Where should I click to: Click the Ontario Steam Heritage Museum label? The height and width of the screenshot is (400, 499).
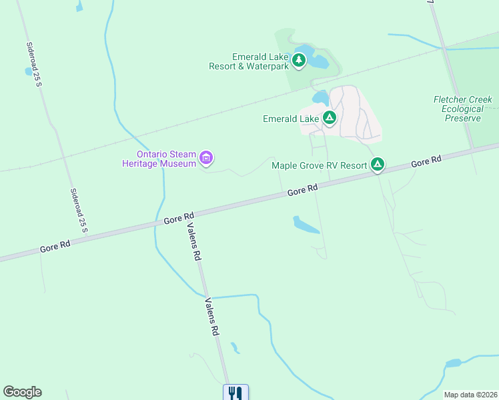pyautogui.click(x=158, y=159)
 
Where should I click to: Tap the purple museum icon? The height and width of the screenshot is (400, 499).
pyautogui.click(x=206, y=159)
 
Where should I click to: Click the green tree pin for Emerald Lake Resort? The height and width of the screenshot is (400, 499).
pyautogui.click(x=300, y=61)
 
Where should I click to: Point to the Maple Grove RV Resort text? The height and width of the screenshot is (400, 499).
pyautogui.click(x=320, y=165)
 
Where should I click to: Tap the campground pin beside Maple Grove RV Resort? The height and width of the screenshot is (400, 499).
pyautogui.click(x=378, y=164)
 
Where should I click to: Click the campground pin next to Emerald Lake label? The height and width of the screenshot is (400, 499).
pyautogui.click(x=329, y=119)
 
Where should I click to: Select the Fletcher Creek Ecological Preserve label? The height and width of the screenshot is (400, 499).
pyautogui.click(x=463, y=109)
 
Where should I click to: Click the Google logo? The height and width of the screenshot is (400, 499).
pyautogui.click(x=22, y=392)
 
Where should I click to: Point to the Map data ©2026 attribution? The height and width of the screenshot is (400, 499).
pyautogui.click(x=470, y=395)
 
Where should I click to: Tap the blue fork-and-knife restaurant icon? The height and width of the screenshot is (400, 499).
pyautogui.click(x=235, y=393)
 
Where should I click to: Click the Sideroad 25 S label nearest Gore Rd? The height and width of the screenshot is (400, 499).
pyautogui.click(x=79, y=211)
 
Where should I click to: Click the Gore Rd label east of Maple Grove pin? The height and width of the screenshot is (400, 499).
pyautogui.click(x=426, y=162)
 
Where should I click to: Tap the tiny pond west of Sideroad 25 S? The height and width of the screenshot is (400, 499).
pyautogui.click(x=29, y=71)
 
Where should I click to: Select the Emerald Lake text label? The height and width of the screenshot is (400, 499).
pyautogui.click(x=291, y=119)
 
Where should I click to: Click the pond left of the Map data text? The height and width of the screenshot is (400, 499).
pyautogui.click(x=454, y=363)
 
